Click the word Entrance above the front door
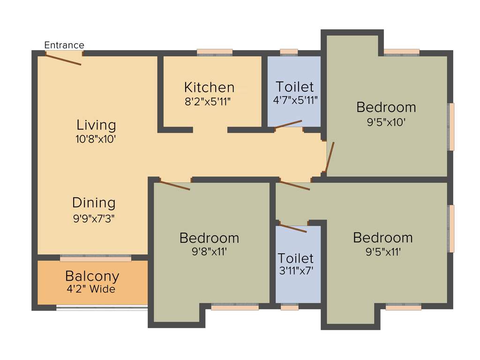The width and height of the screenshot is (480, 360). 64,45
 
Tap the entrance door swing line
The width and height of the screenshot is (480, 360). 63,59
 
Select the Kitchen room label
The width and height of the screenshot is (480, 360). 209,87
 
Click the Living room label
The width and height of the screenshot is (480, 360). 96,125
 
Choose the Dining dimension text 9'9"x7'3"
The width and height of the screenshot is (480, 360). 94,218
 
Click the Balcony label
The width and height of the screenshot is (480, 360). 92,276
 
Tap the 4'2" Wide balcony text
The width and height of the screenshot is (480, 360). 91,289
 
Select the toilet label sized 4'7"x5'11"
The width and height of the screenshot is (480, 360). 295,87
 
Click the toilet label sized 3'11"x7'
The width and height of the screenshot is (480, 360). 295,258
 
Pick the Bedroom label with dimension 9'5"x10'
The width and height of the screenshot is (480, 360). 386,107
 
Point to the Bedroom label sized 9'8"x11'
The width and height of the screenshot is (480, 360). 209,238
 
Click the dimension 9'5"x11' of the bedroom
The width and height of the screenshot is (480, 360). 383,252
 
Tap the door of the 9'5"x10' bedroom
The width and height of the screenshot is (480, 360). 330,157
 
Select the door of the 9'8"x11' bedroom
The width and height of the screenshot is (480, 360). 174,185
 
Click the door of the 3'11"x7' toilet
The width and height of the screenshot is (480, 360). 292,228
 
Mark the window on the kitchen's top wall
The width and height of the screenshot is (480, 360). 215,52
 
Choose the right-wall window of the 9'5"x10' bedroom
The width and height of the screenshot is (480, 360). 451,127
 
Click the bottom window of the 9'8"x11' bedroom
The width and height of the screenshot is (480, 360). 235,307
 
